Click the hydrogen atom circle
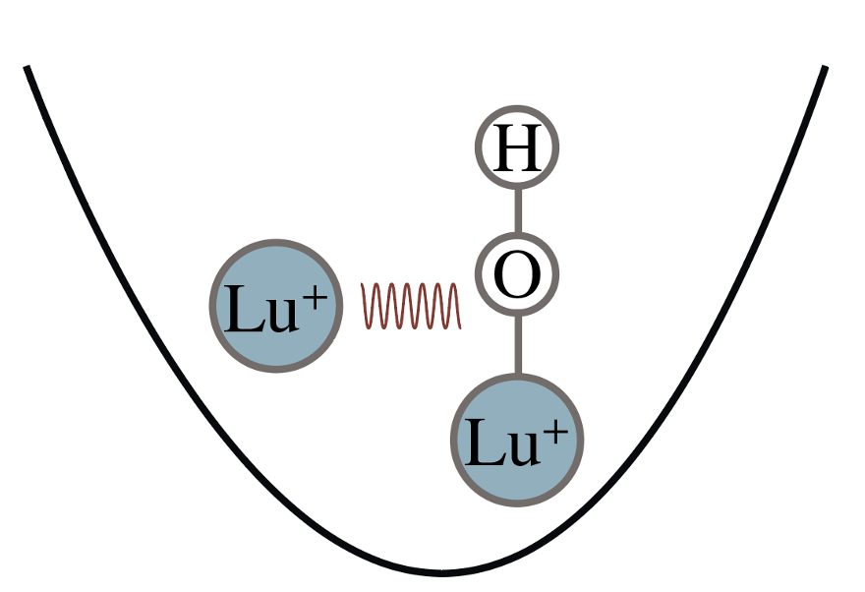point(517,148)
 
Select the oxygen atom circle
point(517,274)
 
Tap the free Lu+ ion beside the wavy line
point(276,306)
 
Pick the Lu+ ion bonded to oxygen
point(517,440)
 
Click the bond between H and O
point(518,210)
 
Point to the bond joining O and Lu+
point(518,345)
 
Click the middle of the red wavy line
point(411,306)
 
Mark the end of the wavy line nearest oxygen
point(460,328)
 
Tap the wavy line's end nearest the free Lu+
point(362,284)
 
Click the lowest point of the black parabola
point(441,573)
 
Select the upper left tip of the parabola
point(26,67)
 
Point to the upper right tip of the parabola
point(826,67)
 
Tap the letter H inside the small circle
point(517,148)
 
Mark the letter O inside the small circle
point(517,274)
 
